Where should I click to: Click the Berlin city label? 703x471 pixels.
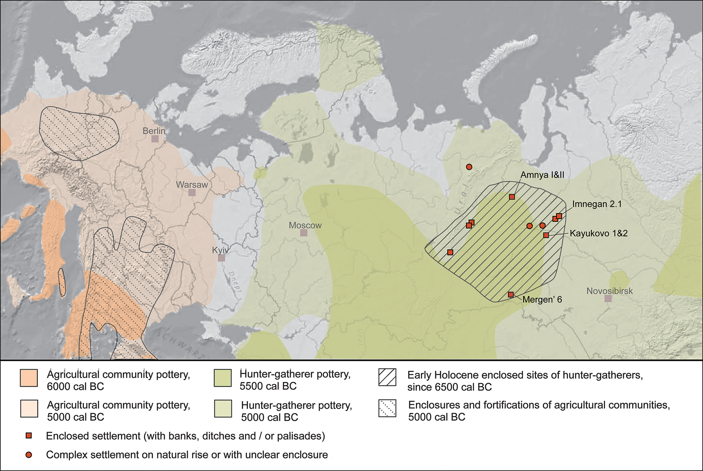[154, 131]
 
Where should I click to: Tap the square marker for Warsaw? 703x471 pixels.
[192, 192]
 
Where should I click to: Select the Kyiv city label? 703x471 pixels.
[220, 250]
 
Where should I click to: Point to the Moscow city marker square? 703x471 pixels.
[304, 233]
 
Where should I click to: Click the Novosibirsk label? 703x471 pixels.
[609, 291]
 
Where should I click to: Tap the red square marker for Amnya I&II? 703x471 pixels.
[512, 197]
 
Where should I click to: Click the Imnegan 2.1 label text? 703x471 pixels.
[597, 204]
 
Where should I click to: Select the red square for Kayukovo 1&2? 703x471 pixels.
[546, 235]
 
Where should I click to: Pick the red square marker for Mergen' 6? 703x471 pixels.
[511, 294]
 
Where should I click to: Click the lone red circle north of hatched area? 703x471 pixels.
[469, 167]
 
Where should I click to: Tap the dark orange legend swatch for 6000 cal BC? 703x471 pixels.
[29, 378]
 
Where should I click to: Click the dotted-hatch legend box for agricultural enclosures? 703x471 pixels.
[387, 408]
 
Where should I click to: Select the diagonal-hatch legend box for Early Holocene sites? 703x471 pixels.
[387, 377]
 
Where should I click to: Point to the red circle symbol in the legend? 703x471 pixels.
[29, 455]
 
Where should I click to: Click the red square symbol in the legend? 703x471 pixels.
[29, 436]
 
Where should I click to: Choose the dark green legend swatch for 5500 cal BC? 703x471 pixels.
[223, 378]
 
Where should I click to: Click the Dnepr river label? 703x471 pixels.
[235, 281]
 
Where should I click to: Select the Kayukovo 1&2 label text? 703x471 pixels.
[599, 233]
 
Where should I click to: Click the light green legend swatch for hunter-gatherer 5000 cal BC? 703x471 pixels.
[223, 408]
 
